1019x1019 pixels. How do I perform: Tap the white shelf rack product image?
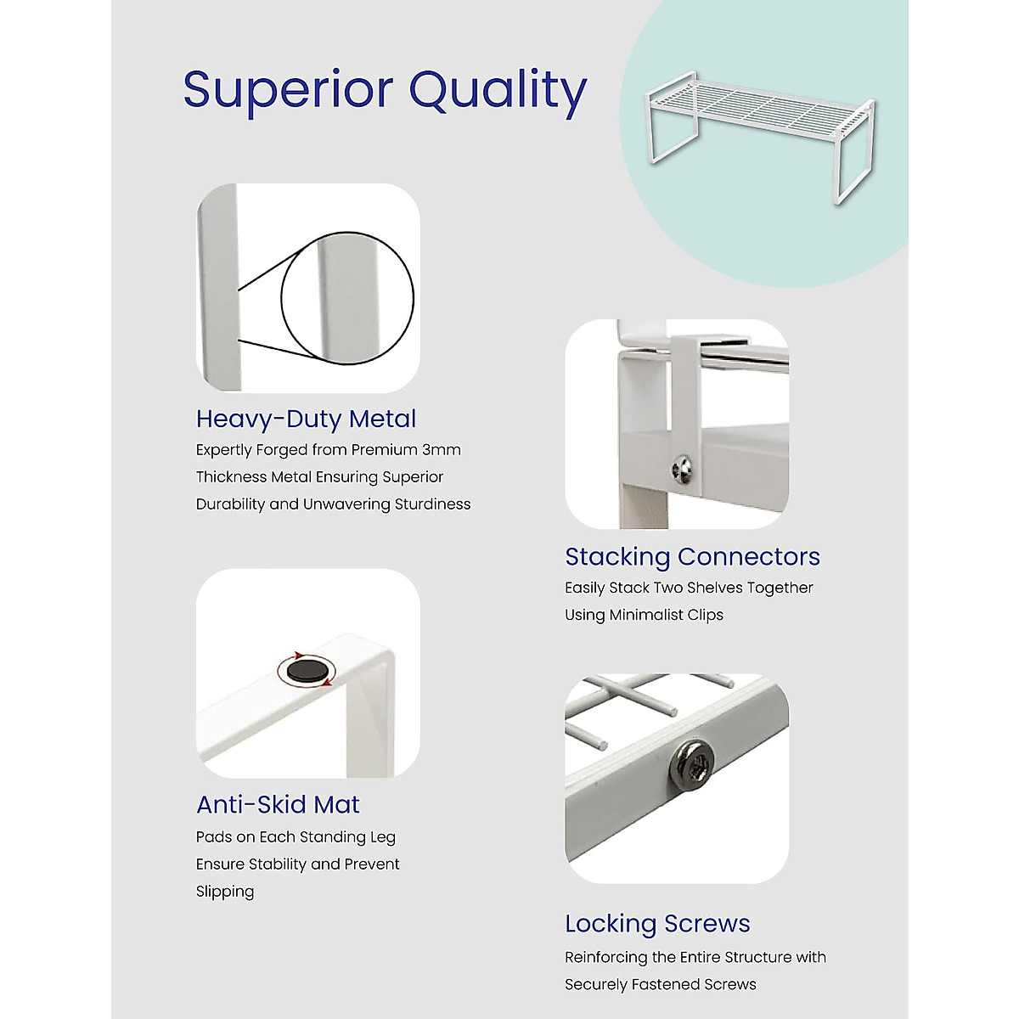click(x=761, y=136)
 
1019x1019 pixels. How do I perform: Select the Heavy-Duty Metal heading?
click(x=306, y=419)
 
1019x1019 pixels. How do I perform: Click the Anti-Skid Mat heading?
click(x=278, y=804)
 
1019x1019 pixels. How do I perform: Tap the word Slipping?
click(x=225, y=892)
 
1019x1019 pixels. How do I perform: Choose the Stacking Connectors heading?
click(x=692, y=556)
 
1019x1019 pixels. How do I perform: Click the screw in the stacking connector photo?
click(x=682, y=466)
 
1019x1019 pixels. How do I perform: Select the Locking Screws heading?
click(x=657, y=923)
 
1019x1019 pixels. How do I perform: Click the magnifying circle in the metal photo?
click(x=347, y=298)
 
